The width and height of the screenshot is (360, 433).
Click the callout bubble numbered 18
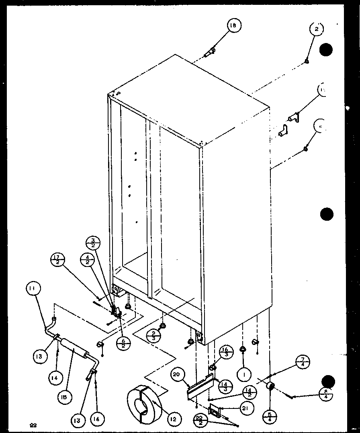[x=233, y=26]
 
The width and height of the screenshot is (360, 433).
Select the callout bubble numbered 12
[x=172, y=419]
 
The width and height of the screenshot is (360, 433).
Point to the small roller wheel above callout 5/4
[x=271, y=386]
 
